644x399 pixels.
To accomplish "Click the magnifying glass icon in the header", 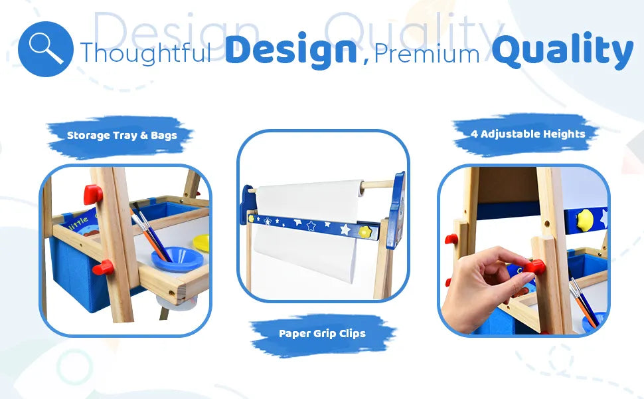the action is [x=46, y=49].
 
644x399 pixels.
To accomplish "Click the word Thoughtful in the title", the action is [x=146, y=53].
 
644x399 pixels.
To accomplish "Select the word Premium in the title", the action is [x=427, y=53].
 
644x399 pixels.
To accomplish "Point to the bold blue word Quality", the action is [x=563, y=51].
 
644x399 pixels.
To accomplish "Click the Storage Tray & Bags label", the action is [x=122, y=136].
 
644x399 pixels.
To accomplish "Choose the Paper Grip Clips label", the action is [x=322, y=334].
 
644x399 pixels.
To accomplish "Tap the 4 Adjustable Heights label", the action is [x=528, y=134].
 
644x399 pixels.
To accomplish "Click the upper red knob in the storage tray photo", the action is [x=93, y=195].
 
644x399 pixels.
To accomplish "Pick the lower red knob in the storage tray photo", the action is [x=103, y=268].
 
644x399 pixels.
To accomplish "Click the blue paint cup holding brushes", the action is [x=177, y=259].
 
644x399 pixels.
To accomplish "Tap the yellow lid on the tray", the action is [x=201, y=243].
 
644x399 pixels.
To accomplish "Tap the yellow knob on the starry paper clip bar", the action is [x=364, y=231].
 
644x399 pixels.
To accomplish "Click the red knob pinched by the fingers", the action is [x=534, y=267].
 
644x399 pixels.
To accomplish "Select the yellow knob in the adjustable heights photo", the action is [x=585, y=219].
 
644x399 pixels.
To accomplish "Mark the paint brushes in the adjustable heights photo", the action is [x=583, y=303].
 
